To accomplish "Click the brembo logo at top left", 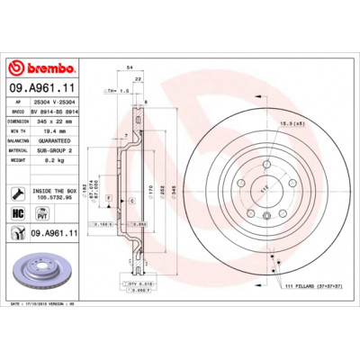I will coord(40,68).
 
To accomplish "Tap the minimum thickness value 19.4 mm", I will coord(50,131).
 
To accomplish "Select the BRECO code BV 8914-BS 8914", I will coord(59,112).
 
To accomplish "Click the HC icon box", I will coord(18,213).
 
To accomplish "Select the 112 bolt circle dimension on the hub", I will coord(264,190).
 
